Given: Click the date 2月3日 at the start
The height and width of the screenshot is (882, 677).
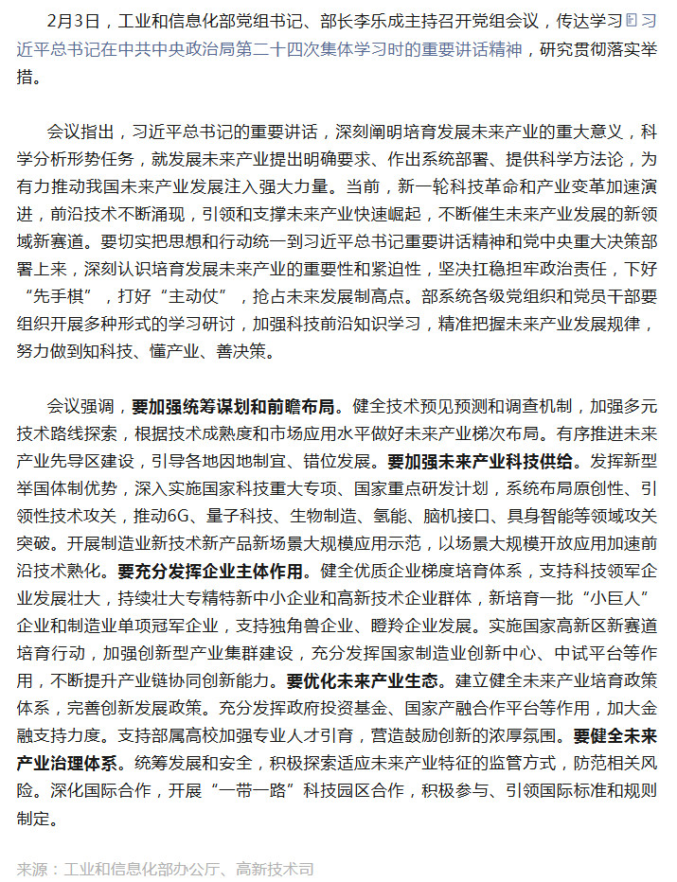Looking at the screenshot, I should pos(68,21).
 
